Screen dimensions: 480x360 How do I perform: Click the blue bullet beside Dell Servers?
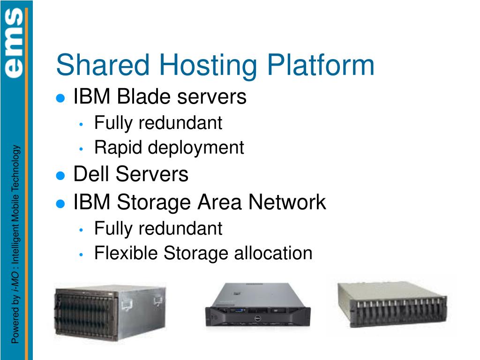click(60, 176)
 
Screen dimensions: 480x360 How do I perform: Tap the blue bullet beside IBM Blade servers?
click(60, 98)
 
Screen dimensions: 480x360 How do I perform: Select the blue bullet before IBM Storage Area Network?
click(60, 203)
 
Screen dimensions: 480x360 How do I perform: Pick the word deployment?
click(196, 148)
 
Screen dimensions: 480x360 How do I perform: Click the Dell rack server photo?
click(258, 305)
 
